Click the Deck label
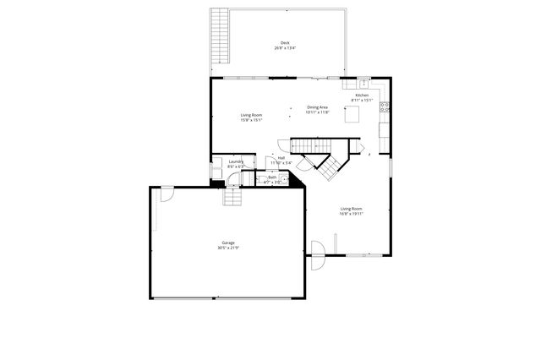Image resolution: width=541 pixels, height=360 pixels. pos(284,43)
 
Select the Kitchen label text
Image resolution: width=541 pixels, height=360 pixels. pos(361,96)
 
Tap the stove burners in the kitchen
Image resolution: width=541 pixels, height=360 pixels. pos(385,107)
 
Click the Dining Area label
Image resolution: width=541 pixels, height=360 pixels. pos(318,107)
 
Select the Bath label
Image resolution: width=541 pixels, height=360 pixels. pos(271,177)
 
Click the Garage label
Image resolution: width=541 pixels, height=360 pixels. pos(228,243)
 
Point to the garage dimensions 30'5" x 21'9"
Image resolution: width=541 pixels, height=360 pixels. pos(228,248)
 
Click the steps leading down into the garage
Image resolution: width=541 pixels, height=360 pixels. pos(233,197)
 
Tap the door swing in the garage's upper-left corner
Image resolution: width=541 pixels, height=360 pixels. pos(167,194)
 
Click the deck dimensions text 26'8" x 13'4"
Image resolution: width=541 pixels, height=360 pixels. pos(284,48)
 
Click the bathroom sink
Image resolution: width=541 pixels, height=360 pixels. pos(286,178)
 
